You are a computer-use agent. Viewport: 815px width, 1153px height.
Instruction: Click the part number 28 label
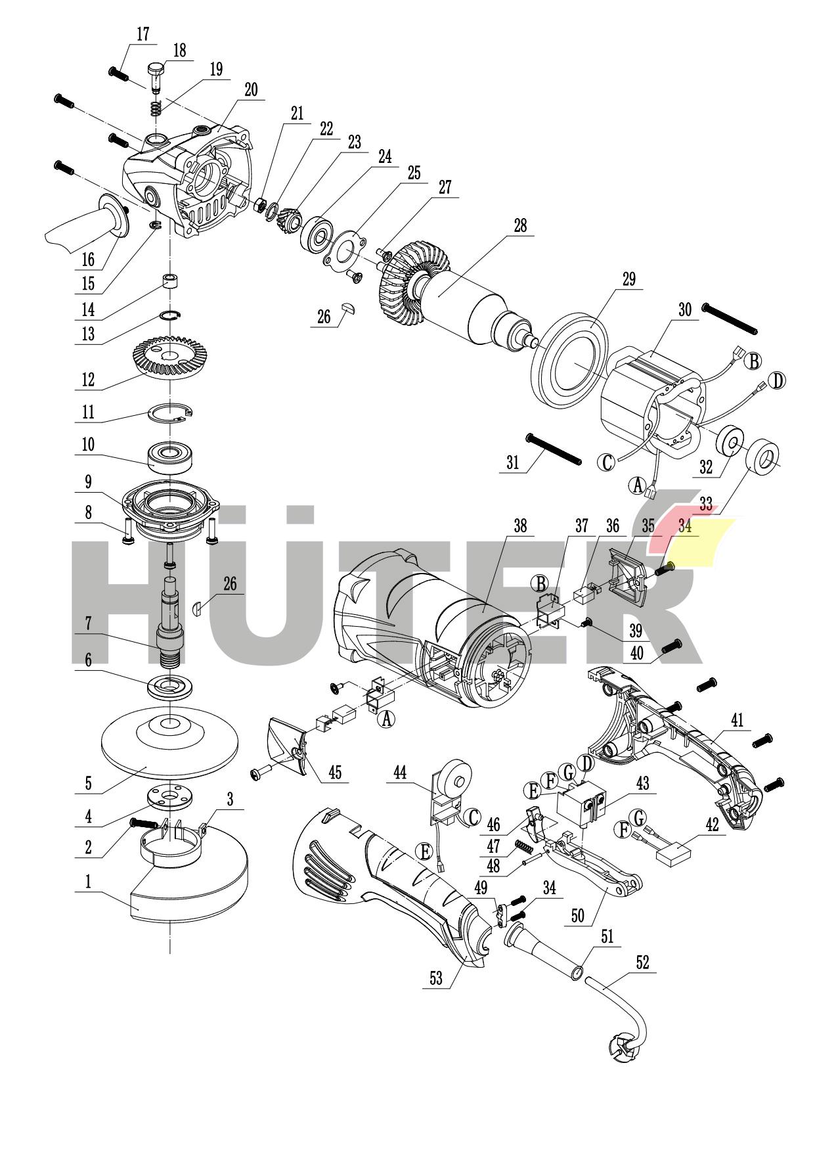[x=520, y=226]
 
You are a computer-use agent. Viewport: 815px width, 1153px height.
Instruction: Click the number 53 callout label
[x=436, y=978]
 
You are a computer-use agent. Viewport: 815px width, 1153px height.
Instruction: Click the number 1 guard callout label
[x=89, y=881]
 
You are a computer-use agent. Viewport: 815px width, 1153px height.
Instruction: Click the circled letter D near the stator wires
[x=777, y=380]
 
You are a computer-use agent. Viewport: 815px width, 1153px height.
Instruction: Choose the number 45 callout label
[x=335, y=772]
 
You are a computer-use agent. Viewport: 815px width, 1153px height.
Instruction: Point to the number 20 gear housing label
[x=251, y=91]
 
